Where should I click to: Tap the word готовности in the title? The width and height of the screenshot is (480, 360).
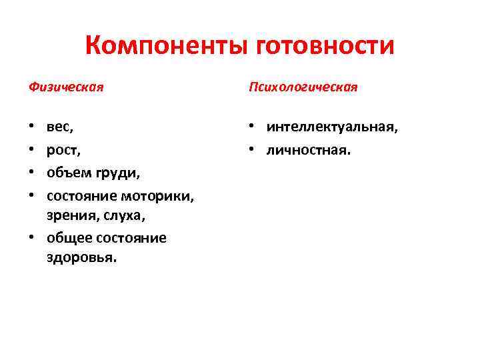(325, 46)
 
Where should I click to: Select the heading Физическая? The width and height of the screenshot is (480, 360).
(66, 87)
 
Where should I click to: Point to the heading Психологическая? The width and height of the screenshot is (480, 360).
(303, 87)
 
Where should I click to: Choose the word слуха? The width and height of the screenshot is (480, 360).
(126, 216)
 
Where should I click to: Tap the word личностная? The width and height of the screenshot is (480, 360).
(308, 150)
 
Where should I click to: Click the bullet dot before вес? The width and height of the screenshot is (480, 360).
(32, 126)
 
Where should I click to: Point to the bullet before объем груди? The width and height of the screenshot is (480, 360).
(32, 173)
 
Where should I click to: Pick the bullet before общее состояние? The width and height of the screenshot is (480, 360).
(32, 238)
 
